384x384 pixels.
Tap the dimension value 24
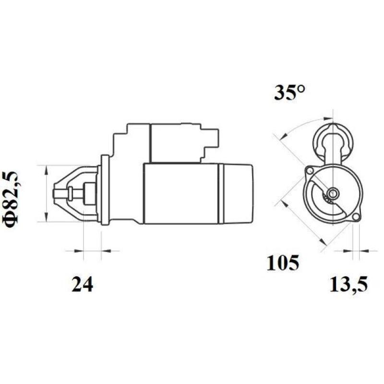(82, 285)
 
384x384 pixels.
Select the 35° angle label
(290, 93)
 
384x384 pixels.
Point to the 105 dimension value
(283, 263)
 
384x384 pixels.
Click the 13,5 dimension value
(348, 285)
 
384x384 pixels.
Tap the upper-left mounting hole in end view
(310, 170)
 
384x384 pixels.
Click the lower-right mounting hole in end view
(356, 217)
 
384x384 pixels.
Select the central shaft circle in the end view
(332, 194)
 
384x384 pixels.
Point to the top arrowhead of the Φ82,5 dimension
(46, 169)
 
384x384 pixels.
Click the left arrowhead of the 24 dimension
(80, 251)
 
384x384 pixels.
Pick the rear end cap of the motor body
(236, 193)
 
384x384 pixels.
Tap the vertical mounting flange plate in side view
(103, 190)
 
